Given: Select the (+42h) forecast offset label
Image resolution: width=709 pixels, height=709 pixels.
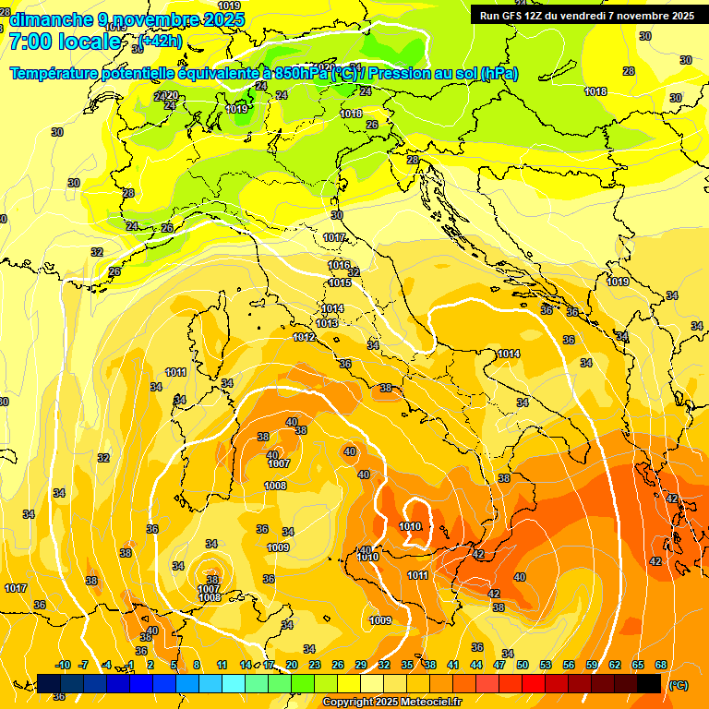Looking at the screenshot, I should point(161,41).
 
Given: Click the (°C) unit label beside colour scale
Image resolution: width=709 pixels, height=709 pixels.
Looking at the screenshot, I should point(678,685).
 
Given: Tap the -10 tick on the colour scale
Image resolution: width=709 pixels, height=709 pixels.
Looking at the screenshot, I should point(63,665).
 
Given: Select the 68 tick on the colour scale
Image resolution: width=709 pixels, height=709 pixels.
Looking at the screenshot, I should point(661,665).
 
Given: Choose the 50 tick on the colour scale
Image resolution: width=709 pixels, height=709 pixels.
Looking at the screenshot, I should point(523,665).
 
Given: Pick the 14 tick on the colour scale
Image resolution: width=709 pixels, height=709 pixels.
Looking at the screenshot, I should point(246,665).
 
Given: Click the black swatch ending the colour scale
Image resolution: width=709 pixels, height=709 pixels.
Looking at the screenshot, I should point(649,683).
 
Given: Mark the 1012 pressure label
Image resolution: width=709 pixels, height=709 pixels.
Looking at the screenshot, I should point(304,338).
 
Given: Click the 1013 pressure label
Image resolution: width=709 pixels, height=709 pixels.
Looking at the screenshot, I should point(327,324).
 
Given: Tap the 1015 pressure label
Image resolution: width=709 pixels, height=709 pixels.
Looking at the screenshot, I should point(340,282).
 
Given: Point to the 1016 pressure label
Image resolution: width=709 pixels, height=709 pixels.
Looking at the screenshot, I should point(339,265).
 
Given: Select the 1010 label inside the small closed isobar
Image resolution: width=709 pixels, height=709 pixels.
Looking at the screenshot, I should point(410,527).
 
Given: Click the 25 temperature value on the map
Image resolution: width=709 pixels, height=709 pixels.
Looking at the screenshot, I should point(114,271).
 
